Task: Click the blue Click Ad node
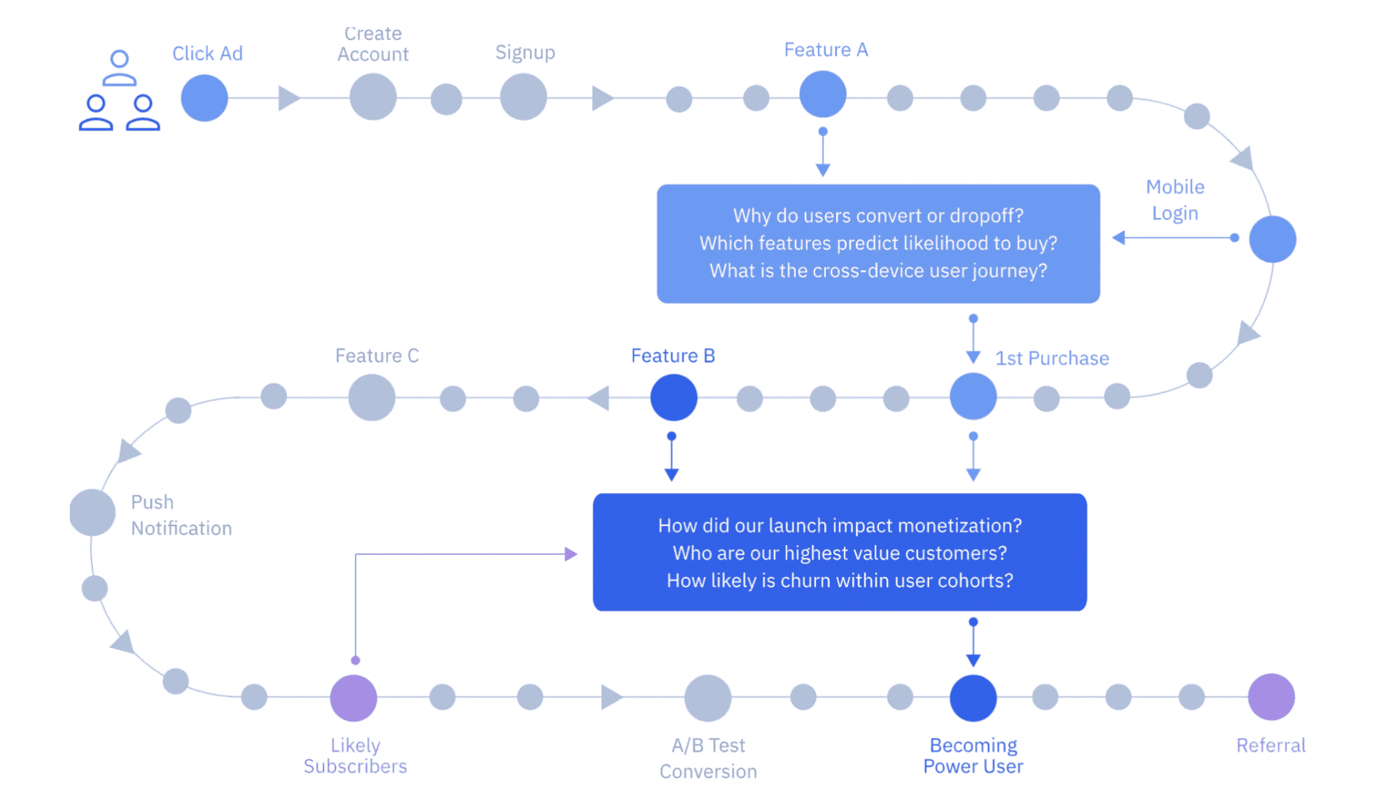pyautogui.click(x=204, y=98)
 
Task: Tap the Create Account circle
pyautogui.click(x=373, y=97)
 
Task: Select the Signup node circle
pyautogui.click(x=523, y=97)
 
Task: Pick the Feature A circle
pyautogui.click(x=823, y=95)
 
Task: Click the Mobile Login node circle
pyautogui.click(x=1272, y=240)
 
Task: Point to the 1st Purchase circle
pyautogui.click(x=973, y=396)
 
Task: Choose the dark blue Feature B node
pyautogui.click(x=673, y=397)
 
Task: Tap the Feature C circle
pyautogui.click(x=372, y=397)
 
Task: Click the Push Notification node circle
pyautogui.click(x=92, y=513)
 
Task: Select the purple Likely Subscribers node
pyautogui.click(x=354, y=698)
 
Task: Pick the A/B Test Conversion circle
pyautogui.click(x=707, y=698)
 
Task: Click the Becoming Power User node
pyautogui.click(x=973, y=698)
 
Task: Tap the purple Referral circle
pyautogui.click(x=1270, y=697)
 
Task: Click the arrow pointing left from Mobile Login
pyautogui.click(x=1119, y=238)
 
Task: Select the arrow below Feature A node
pyautogui.click(x=823, y=169)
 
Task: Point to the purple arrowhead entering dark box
pyautogui.click(x=571, y=554)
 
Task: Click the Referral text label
pyautogui.click(x=1270, y=745)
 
